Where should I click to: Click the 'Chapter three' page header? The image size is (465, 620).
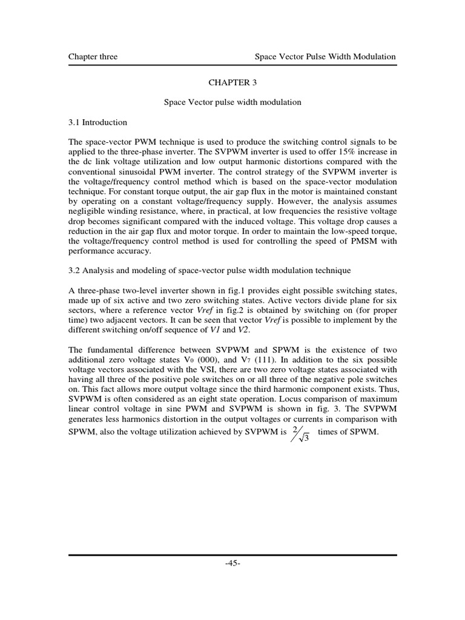(x=93, y=57)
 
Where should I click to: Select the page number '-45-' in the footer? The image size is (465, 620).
(x=232, y=563)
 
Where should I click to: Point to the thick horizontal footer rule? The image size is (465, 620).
(x=232, y=555)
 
